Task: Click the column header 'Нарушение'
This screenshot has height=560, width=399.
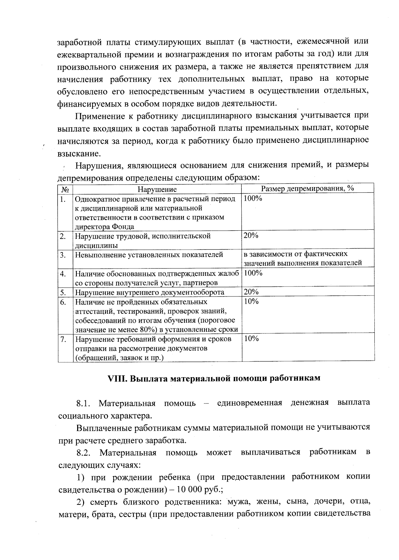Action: click(157, 189)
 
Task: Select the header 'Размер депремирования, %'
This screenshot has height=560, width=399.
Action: click(307, 188)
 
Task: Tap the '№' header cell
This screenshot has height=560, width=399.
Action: click(65, 189)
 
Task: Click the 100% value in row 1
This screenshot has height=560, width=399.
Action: click(253, 198)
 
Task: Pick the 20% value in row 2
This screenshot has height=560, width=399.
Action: click(251, 236)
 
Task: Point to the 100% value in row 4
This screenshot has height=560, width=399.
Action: click(253, 273)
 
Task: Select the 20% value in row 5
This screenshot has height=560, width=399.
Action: click(251, 292)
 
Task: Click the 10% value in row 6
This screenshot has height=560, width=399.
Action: click(251, 301)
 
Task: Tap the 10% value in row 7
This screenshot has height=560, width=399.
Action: click(251, 339)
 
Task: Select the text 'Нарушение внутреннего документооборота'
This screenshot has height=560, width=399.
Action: click(149, 292)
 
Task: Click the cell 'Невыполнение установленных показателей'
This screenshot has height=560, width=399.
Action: click(149, 255)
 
